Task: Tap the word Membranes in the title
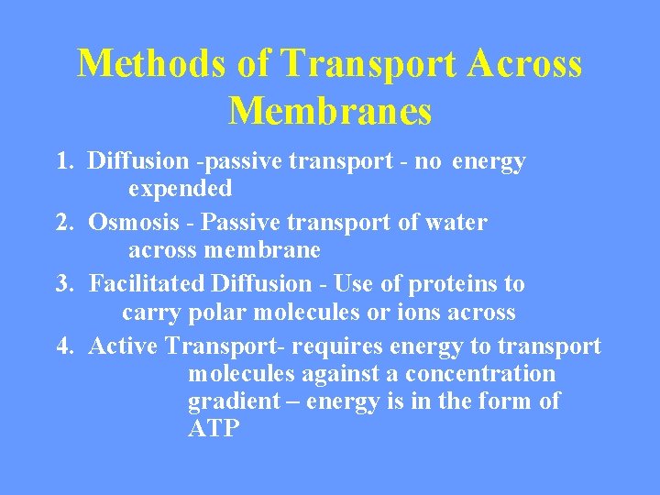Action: [x=330, y=112]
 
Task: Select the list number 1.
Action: [x=63, y=162]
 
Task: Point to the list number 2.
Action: [x=63, y=223]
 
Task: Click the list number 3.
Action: [x=63, y=284]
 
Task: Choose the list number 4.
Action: [x=63, y=346]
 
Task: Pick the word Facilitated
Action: [x=147, y=284]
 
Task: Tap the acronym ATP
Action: [x=214, y=429]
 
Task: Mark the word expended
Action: [x=180, y=189]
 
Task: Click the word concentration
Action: [x=480, y=374]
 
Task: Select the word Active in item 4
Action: [x=124, y=346]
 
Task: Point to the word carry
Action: [x=151, y=313]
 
